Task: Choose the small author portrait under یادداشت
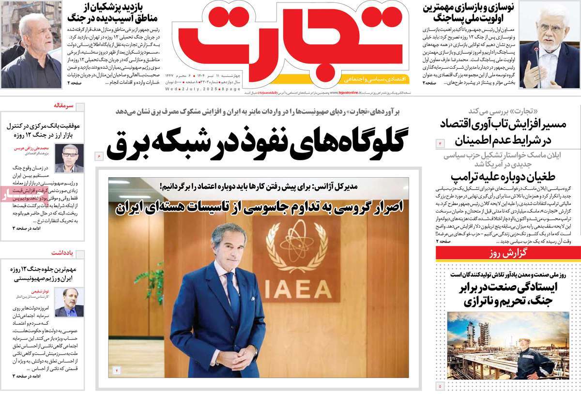pos(69,303)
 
